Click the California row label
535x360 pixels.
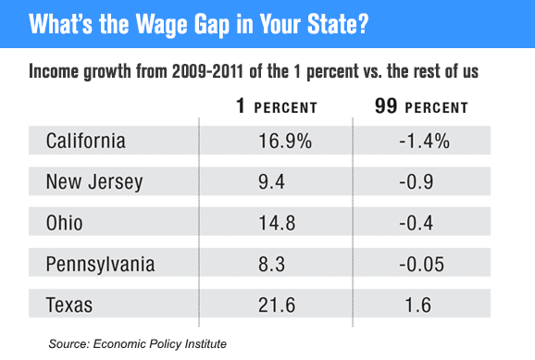(x=86, y=142)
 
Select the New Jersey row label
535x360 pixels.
(x=94, y=182)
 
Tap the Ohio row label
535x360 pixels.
(x=65, y=223)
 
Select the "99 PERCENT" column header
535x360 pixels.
(x=421, y=107)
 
